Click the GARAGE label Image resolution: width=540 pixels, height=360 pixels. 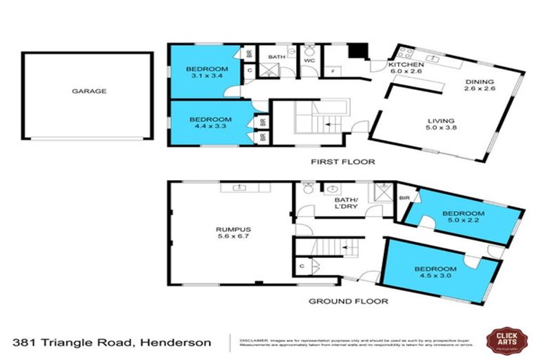click(x=88, y=91)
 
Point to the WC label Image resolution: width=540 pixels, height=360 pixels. click(x=308, y=60)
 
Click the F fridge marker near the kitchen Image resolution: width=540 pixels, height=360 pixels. click(x=332, y=71)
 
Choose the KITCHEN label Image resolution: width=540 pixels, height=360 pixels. click(x=406, y=65)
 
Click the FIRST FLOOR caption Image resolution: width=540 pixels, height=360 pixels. click(x=343, y=162)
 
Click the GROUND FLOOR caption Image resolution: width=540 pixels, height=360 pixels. click(x=349, y=302)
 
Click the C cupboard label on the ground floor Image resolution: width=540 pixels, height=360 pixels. click(x=301, y=266)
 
